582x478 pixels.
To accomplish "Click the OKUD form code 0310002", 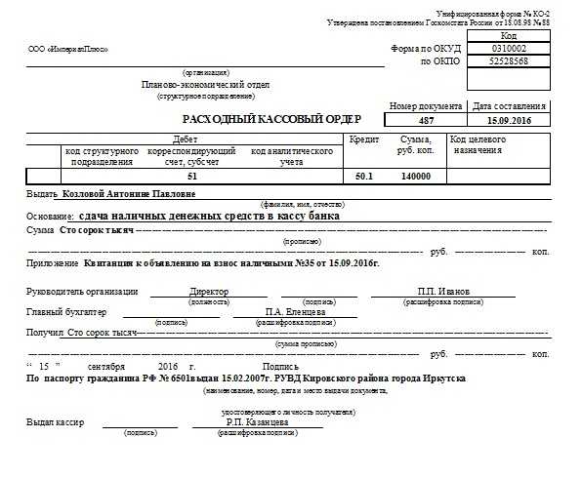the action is tap(509, 47).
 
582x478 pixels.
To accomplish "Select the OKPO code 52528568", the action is tap(509, 60).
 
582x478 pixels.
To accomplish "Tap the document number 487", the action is tap(426, 119).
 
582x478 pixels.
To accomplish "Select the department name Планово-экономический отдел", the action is tap(203, 85).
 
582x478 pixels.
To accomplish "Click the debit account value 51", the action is tap(192, 177).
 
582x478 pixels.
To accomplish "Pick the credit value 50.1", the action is tap(363, 177).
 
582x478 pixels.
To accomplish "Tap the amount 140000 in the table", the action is tap(416, 177).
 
